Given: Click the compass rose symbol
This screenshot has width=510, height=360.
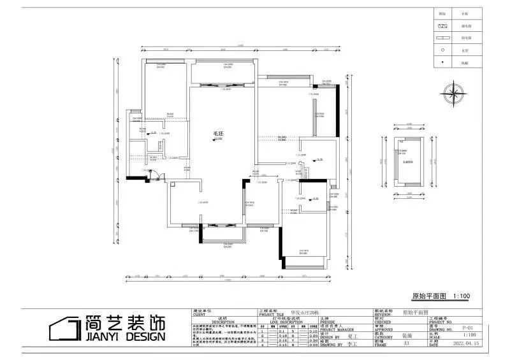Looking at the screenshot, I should coord(454,91).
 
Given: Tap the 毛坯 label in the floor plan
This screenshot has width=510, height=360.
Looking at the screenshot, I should coord(218,134).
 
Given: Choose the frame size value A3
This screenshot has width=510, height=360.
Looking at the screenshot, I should coord(405,344).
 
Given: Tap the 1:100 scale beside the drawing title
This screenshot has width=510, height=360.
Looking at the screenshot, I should coord(461,296).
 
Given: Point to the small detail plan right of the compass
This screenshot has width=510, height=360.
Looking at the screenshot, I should coord(405,164).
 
